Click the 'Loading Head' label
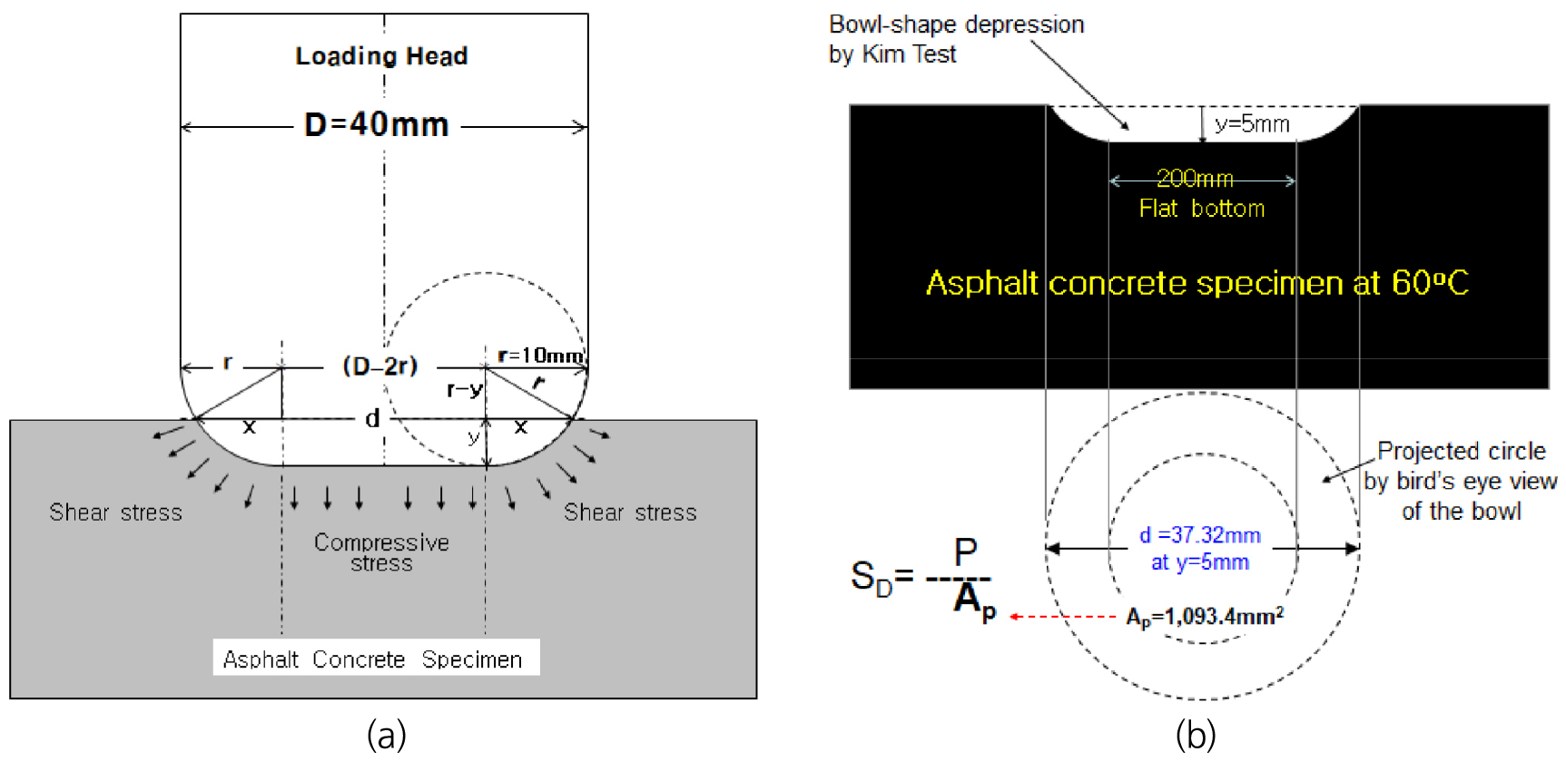click(x=381, y=56)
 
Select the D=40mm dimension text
click(x=377, y=124)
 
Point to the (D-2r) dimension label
click(x=379, y=366)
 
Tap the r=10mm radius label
click(x=540, y=356)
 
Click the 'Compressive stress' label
click(x=381, y=552)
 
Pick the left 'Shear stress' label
click(x=115, y=512)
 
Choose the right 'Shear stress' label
click(x=630, y=512)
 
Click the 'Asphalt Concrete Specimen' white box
click(x=376, y=658)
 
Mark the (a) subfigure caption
click(x=387, y=735)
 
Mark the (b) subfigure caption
click(x=1196, y=735)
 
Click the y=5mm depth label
click(x=1252, y=124)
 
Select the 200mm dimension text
click(x=1195, y=178)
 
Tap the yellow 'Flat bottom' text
click(x=1202, y=209)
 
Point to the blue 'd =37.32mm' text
click(x=1200, y=535)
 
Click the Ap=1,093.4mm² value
click(x=1205, y=617)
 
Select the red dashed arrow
click(x=1063, y=617)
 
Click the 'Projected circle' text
click(x=1462, y=451)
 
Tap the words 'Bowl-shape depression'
click(x=957, y=24)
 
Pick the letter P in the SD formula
click(x=966, y=551)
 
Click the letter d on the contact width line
click(x=372, y=418)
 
